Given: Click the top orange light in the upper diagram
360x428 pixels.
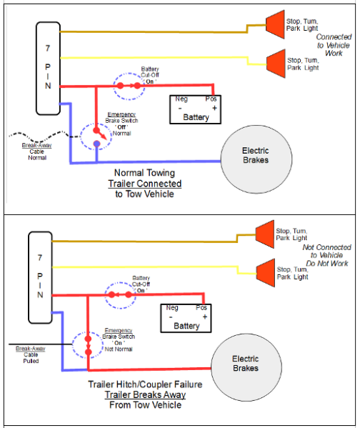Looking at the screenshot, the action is [x=276, y=24].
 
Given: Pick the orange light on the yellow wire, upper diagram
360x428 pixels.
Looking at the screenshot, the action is [x=276, y=64].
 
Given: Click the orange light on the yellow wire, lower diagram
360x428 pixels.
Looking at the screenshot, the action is [x=266, y=273].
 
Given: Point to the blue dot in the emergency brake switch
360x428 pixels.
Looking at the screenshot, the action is [x=96, y=144].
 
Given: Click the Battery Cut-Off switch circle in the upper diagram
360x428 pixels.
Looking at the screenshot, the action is [x=114, y=86].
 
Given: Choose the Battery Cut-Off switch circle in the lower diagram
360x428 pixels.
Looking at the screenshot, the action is [x=105, y=296].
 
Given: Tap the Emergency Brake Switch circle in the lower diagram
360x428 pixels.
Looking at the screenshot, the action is [x=73, y=345].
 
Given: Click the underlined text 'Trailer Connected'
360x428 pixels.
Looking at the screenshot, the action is [x=145, y=184].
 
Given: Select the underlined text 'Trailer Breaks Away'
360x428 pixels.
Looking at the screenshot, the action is [x=145, y=394].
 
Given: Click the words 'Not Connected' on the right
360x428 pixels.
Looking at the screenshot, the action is [x=326, y=247].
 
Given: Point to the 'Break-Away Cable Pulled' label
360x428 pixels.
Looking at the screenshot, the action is [x=31, y=354].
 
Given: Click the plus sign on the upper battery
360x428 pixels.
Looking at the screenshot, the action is [x=214, y=108].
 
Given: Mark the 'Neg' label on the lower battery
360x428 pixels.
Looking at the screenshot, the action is [x=172, y=308].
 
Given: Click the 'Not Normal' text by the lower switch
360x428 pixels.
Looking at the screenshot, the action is [x=119, y=349].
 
